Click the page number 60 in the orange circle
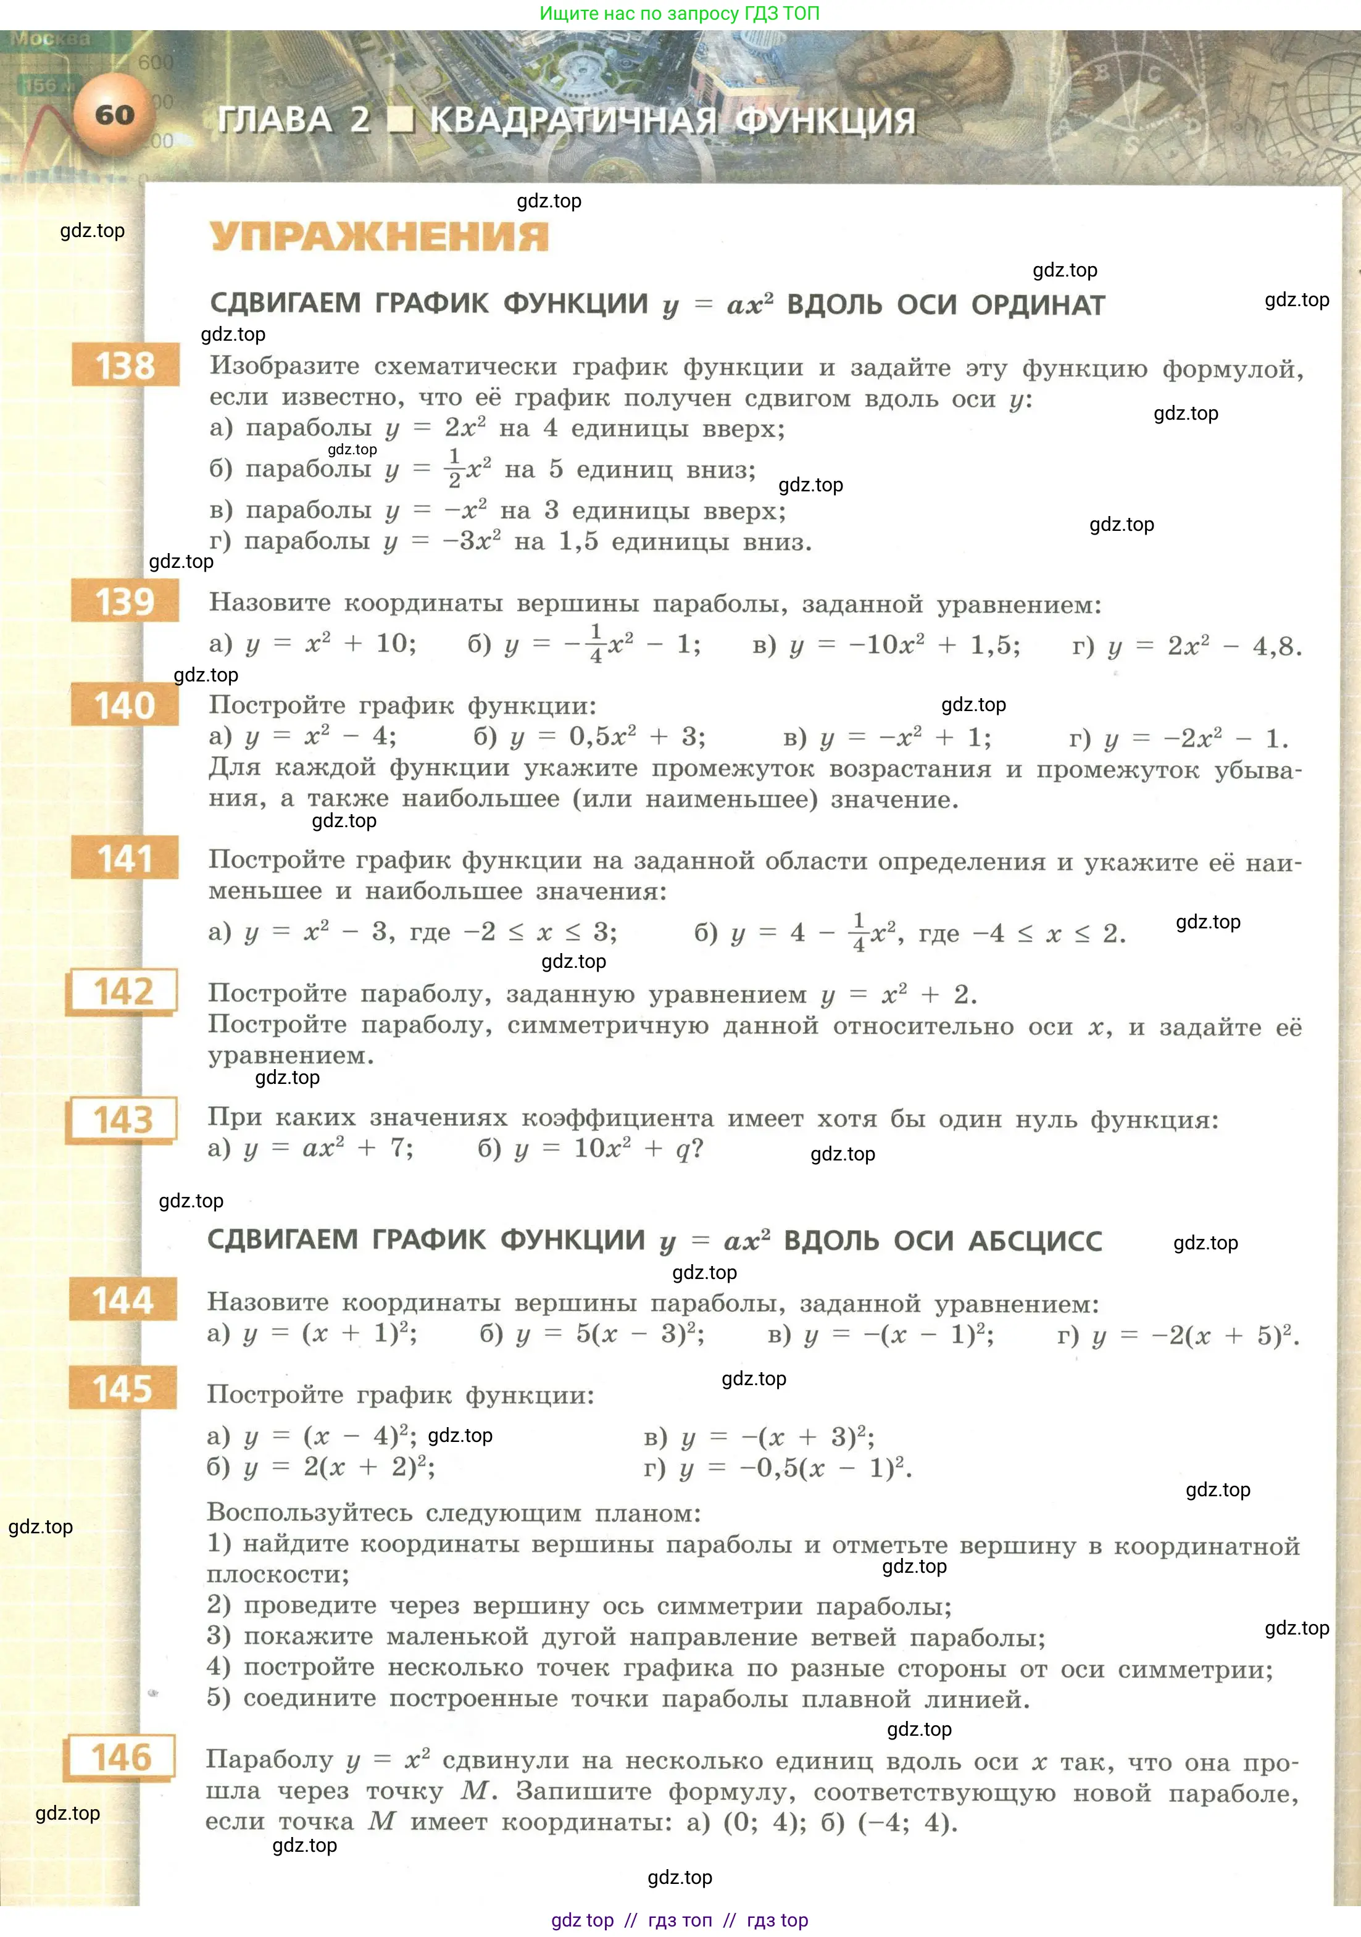pyautogui.click(x=115, y=115)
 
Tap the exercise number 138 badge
pyautogui.click(x=125, y=365)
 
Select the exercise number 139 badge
pyautogui.click(x=125, y=601)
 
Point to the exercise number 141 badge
pyautogui.click(x=125, y=858)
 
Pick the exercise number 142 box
pyautogui.click(x=123, y=991)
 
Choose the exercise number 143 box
pyautogui.click(x=123, y=1120)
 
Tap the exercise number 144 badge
pyautogui.click(x=123, y=1300)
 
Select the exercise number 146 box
pyautogui.click(x=120, y=1757)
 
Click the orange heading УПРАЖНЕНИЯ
pyautogui.click(x=379, y=236)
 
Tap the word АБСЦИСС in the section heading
pyautogui.click(x=1034, y=1241)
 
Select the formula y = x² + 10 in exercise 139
pyautogui.click(x=330, y=644)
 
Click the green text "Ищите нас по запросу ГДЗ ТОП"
pyautogui.click(x=679, y=14)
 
